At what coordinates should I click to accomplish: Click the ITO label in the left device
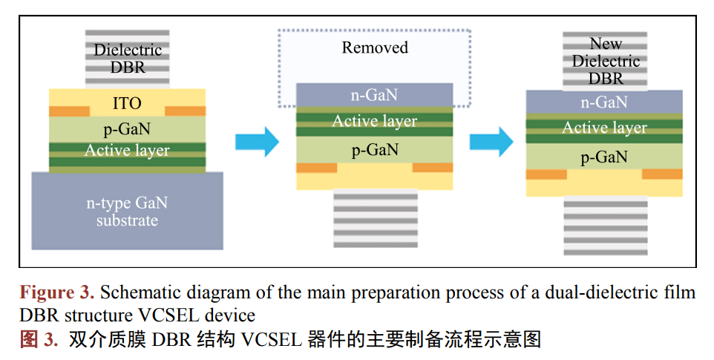[x=127, y=103]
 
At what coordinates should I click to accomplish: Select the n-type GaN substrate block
[x=127, y=210]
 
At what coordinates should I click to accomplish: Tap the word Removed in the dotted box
[x=375, y=48]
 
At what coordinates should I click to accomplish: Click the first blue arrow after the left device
[x=257, y=141]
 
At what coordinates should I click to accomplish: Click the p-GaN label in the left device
[x=127, y=128]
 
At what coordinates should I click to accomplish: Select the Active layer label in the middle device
[x=374, y=121]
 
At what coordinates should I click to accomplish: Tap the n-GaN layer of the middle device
[x=374, y=95]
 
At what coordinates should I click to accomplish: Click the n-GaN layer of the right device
[x=604, y=102]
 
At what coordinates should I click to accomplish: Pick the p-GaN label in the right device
[x=604, y=157]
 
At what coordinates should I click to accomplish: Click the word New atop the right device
[x=606, y=44]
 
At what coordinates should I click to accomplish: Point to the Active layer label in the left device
[x=127, y=151]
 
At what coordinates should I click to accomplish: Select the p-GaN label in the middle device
[x=374, y=150]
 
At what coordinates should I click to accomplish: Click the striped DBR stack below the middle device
[x=374, y=220]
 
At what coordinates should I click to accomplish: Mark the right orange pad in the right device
[x=662, y=174]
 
